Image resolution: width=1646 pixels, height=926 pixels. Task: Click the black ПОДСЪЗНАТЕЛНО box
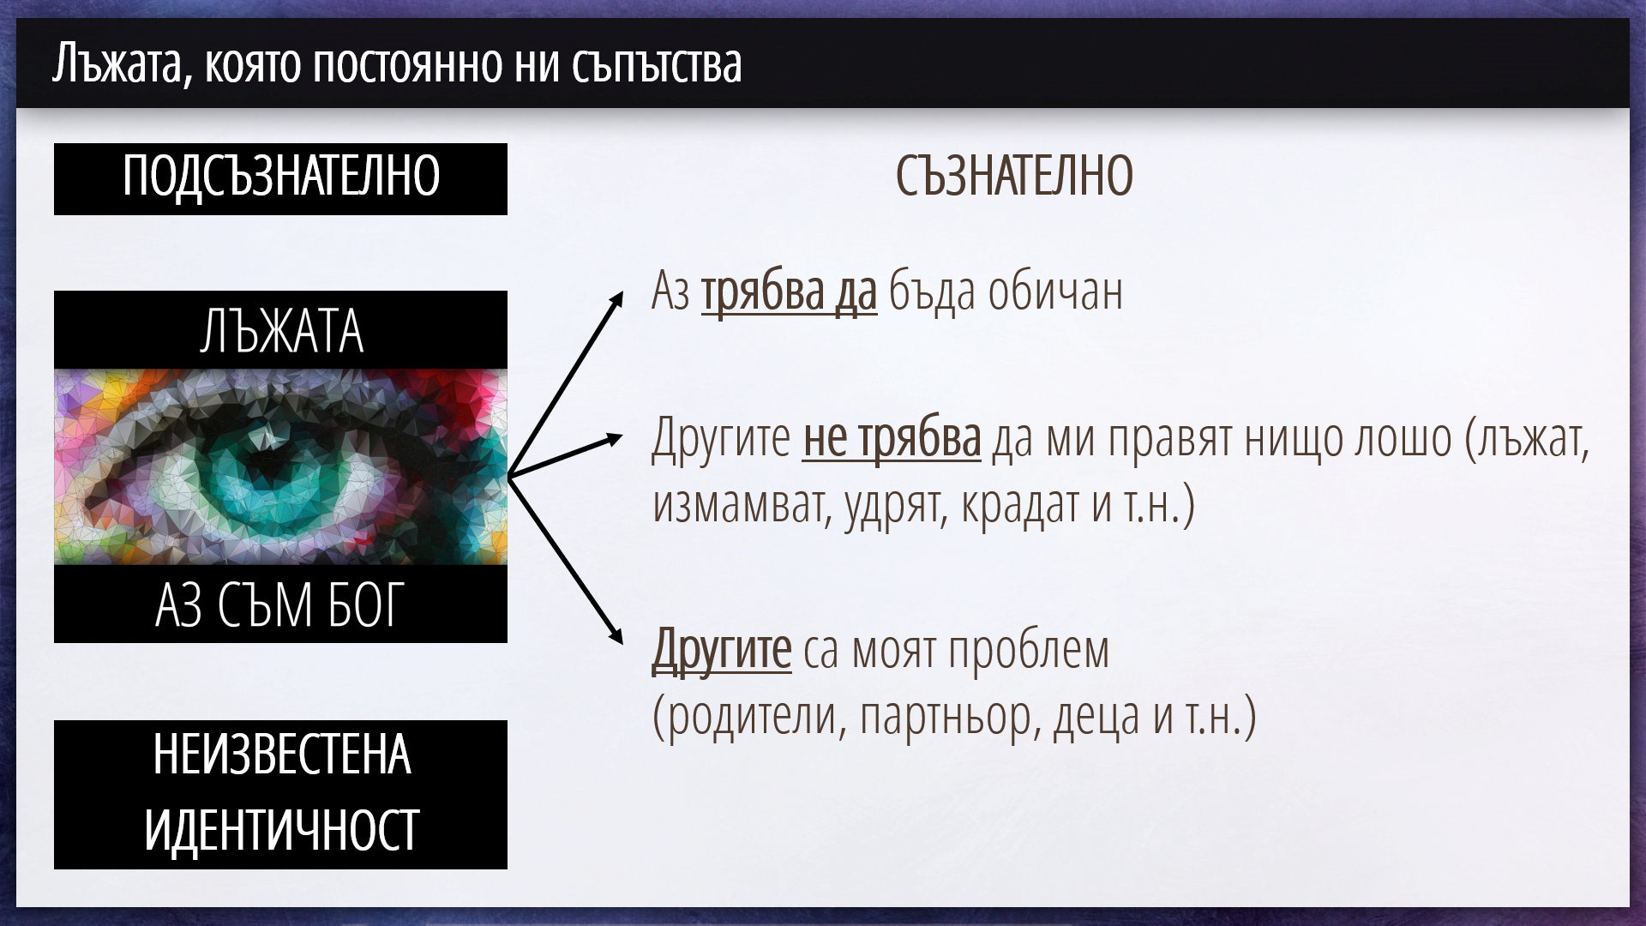tap(280, 178)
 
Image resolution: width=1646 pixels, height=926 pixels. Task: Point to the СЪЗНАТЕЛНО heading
tap(1014, 176)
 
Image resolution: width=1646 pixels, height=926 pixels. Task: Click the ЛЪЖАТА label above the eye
tap(281, 332)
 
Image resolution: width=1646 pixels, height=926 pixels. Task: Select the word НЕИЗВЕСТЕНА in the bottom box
tap(281, 755)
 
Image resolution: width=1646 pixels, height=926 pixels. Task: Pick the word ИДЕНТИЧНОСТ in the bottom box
tap(281, 829)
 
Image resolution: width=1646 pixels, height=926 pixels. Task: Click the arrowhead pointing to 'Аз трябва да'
tap(616, 299)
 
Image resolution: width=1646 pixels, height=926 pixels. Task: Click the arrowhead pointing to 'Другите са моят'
tap(614, 634)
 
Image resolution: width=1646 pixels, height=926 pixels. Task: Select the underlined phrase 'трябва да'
tap(789, 292)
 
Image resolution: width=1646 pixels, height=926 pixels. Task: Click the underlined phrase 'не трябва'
tap(892, 438)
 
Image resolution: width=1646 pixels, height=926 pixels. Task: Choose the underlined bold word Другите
tap(721, 650)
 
